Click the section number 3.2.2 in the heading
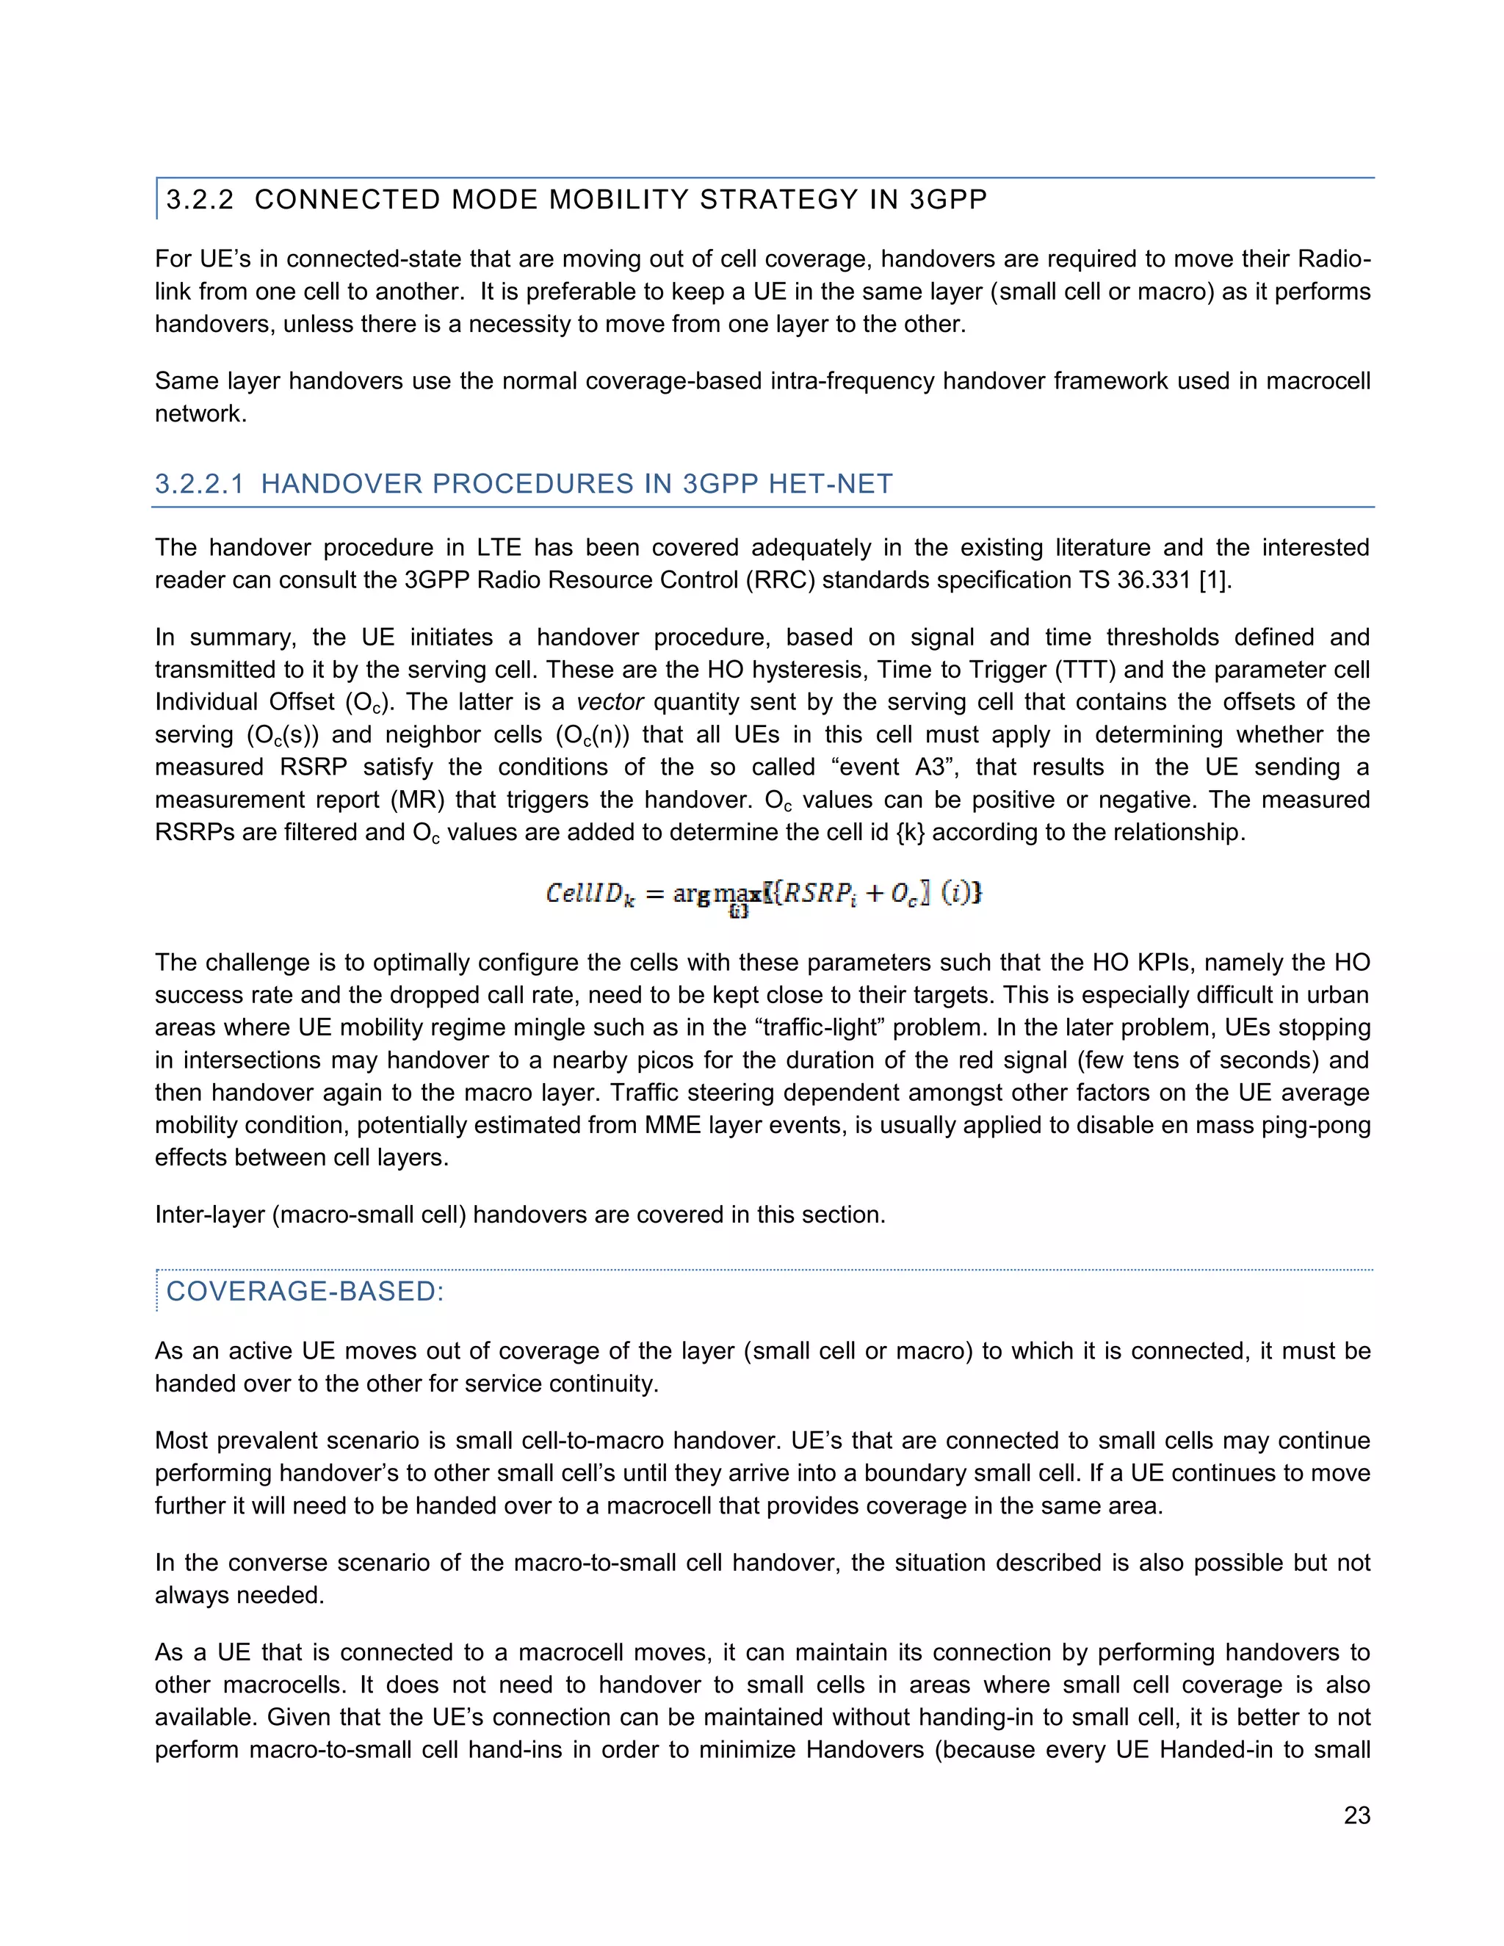pyautogui.click(x=200, y=200)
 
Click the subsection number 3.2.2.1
pyautogui.click(x=199, y=484)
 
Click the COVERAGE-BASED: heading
pyautogui.click(x=305, y=1291)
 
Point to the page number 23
pyautogui.click(x=1356, y=1815)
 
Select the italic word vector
pyautogui.click(x=610, y=702)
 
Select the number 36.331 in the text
pyautogui.click(x=1153, y=580)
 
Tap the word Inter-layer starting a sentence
pyautogui.click(x=209, y=1215)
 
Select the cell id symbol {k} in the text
pyautogui.click(x=910, y=832)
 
